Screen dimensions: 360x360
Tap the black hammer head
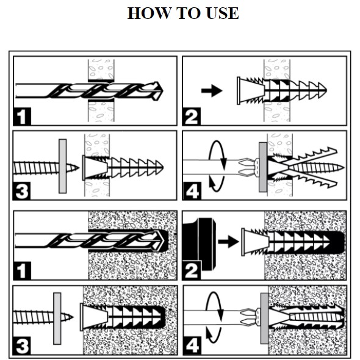[x=200, y=244]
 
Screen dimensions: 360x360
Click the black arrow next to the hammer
[x=229, y=242]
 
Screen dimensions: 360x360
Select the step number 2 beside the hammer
[x=191, y=270]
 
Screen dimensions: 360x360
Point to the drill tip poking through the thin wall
[x=159, y=91]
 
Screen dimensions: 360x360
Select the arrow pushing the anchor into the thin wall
[x=212, y=91]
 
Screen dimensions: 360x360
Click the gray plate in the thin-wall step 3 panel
[x=63, y=166]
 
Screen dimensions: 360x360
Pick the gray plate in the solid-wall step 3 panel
[x=57, y=319]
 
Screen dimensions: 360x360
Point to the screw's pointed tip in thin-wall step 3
[x=74, y=168]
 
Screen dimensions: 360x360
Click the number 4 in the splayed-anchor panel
[x=192, y=191]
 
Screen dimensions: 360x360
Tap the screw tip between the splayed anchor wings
[x=339, y=168]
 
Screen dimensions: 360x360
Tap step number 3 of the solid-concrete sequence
[x=22, y=345]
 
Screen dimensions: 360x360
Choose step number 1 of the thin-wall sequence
[x=22, y=117]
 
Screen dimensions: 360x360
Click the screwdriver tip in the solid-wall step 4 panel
[x=248, y=317]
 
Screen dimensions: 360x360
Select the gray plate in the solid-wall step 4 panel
[x=264, y=319]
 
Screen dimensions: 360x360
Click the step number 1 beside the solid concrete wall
[x=22, y=271]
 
